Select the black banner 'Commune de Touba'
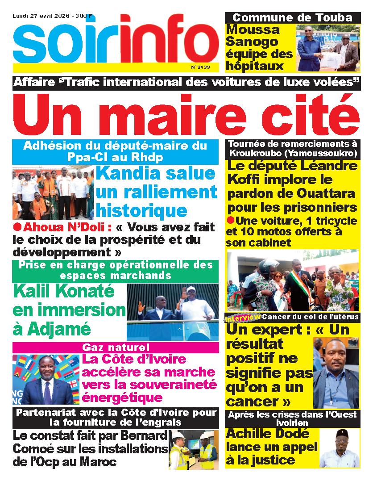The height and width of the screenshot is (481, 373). [293, 18]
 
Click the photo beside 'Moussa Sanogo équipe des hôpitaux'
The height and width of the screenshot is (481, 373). [328, 47]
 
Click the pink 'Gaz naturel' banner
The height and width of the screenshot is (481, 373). [116, 347]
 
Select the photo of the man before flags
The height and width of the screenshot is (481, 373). [45, 379]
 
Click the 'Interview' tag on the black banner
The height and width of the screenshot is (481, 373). [243, 318]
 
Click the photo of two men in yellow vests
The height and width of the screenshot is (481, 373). [193, 450]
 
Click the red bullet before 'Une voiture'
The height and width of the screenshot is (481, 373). [230, 220]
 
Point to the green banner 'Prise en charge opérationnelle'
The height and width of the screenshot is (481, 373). [116, 270]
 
